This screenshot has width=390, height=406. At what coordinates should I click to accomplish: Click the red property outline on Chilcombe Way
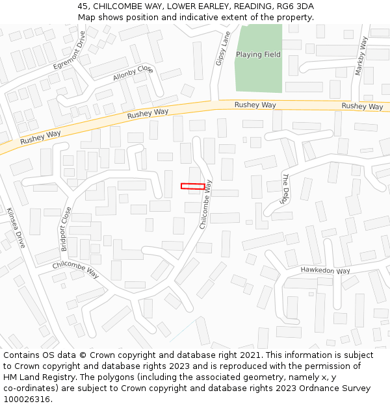pyautogui.click(x=192, y=186)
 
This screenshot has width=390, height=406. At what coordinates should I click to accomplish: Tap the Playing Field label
pyautogui.click(x=258, y=55)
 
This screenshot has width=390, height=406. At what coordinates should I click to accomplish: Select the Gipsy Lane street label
pyautogui.click(x=223, y=48)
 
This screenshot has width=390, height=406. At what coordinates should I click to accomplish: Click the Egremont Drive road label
pyautogui.click(x=70, y=50)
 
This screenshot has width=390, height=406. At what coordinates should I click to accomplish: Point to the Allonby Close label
pyautogui.click(x=133, y=73)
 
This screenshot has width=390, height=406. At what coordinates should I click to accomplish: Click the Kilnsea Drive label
pyautogui.click(x=15, y=227)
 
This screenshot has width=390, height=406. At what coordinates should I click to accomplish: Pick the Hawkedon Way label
pyautogui.click(x=325, y=270)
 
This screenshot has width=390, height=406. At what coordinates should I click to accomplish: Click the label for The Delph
pyautogui.click(x=284, y=189)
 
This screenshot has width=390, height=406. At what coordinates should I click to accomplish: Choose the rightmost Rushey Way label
pyautogui.click(x=362, y=106)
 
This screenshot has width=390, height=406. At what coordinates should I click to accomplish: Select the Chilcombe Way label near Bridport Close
pyautogui.click(x=75, y=270)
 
